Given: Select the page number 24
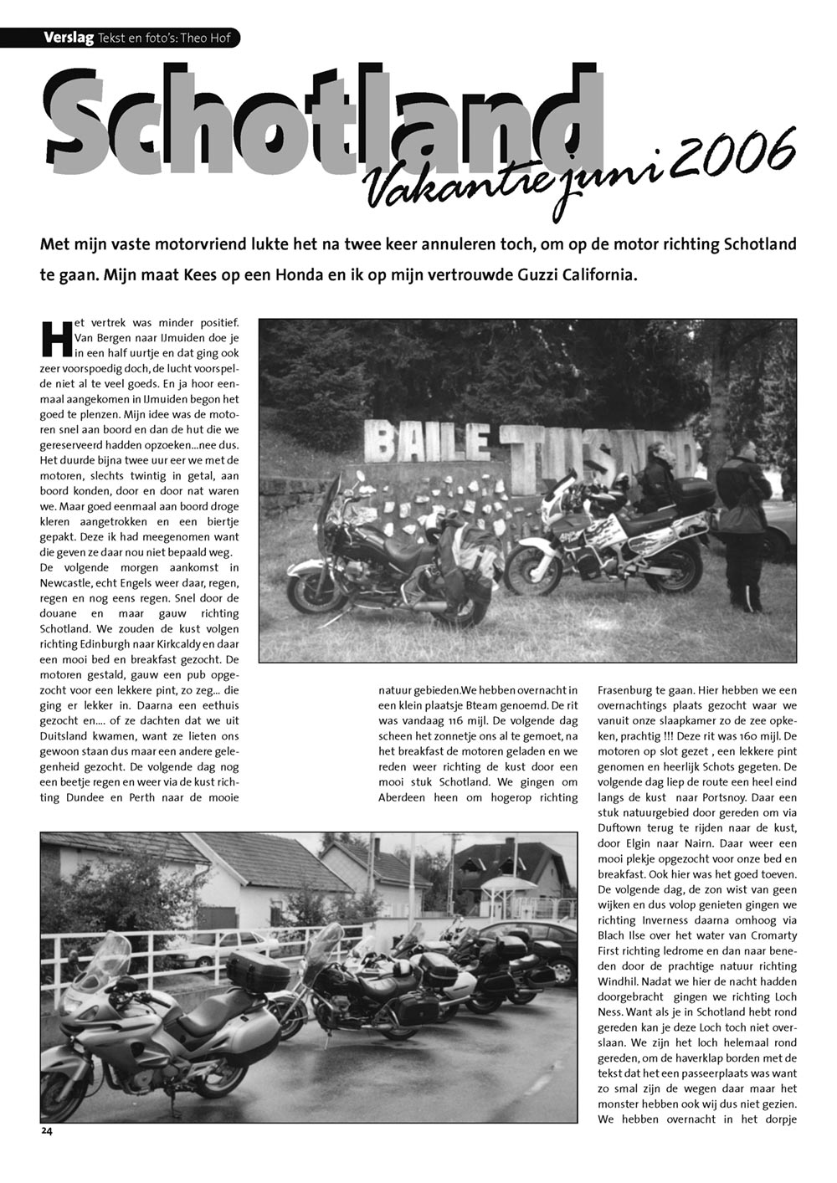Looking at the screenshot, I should (x=47, y=1130).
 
